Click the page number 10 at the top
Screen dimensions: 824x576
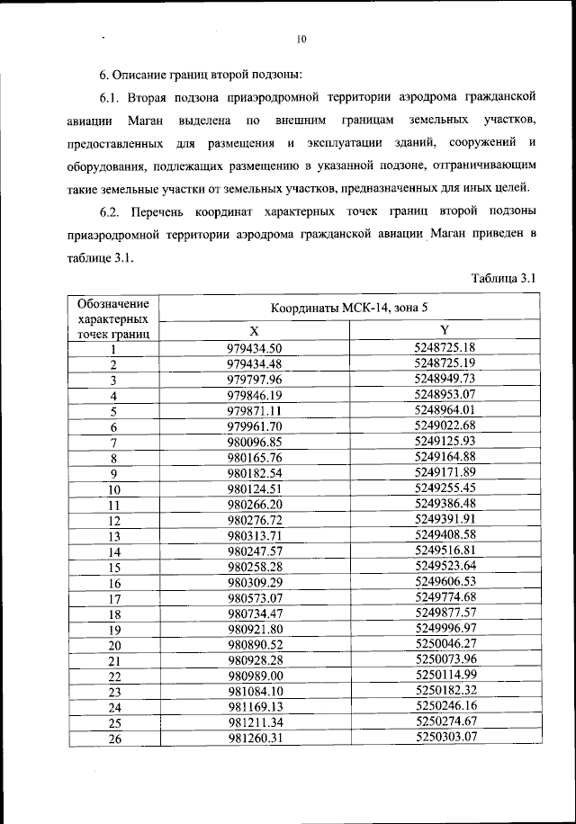pyautogui.click(x=301, y=39)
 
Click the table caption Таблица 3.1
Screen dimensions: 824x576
pyautogui.click(x=504, y=279)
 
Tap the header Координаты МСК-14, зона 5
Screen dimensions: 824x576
pyautogui.click(x=349, y=309)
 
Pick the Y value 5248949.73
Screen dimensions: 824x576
pyautogui.click(x=445, y=380)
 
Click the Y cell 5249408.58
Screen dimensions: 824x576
pyautogui.click(x=445, y=535)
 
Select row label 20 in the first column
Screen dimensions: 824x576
pyautogui.click(x=114, y=646)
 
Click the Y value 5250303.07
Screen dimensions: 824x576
pyautogui.click(x=445, y=738)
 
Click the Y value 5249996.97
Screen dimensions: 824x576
pyautogui.click(x=445, y=629)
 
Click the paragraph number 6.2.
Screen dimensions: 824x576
pyautogui.click(x=110, y=212)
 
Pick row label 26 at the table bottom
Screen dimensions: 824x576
pyautogui.click(x=114, y=739)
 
